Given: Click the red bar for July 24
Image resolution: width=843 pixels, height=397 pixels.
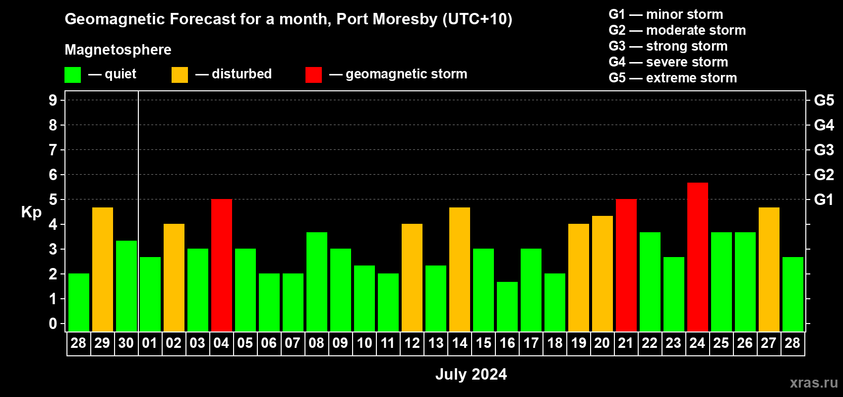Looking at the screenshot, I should tap(697, 257).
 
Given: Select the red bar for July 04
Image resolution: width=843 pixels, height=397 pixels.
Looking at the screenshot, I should tap(221, 265).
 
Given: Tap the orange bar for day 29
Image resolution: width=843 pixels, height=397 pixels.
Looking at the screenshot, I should tap(102, 269).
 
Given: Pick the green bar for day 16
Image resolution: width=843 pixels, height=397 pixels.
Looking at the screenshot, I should tap(507, 307).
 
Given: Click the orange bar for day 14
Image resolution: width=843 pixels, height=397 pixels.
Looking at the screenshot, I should tap(459, 269).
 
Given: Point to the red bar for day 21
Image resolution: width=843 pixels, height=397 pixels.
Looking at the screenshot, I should tap(626, 265).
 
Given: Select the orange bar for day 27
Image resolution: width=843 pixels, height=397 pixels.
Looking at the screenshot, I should tap(769, 269).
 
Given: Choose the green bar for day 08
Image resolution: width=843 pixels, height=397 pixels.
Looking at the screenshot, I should tap(316, 282).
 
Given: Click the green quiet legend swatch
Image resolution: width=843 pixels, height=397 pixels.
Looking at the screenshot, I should tap(72, 75).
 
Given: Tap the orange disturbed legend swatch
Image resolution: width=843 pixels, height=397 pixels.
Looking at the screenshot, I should tap(180, 75).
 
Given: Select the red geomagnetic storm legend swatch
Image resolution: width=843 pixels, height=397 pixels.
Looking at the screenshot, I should tap(313, 75).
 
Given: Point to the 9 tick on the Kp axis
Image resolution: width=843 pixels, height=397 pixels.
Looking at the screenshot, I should tap(53, 100).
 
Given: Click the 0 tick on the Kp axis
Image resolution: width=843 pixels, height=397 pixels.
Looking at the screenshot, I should tap(53, 324).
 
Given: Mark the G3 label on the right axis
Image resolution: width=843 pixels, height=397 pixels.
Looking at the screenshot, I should tap(824, 150).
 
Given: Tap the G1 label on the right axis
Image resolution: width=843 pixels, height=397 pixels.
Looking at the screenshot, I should tap(824, 199).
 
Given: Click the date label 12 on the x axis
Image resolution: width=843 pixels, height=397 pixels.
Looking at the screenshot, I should tap(412, 343).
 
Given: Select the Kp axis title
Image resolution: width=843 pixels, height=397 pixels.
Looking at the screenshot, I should tap(31, 212).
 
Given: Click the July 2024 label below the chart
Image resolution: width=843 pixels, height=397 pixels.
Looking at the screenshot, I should tap(471, 374).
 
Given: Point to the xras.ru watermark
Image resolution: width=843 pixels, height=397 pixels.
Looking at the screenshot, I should tap(814, 383).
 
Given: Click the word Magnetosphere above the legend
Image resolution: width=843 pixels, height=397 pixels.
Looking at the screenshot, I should tap(118, 50).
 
